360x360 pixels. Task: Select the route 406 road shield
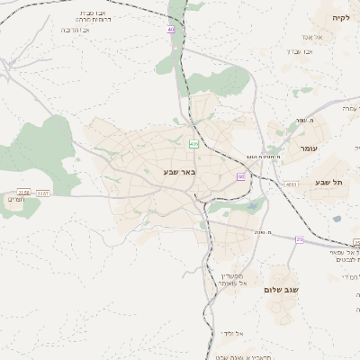pyautogui.click(x=193, y=144)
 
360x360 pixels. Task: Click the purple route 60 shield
pyautogui.click(x=240, y=176)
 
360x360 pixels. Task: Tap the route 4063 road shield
pyautogui.click(x=290, y=184)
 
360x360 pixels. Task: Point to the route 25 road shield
pyautogui.click(x=299, y=239)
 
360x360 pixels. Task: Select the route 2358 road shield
pyautogui.click(x=23, y=193)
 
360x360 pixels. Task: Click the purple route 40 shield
pyautogui.click(x=170, y=30)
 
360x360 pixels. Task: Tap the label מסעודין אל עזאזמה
pyautogui.click(x=229, y=278)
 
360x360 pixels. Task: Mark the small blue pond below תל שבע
pyautogui.click(x=337, y=218)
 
